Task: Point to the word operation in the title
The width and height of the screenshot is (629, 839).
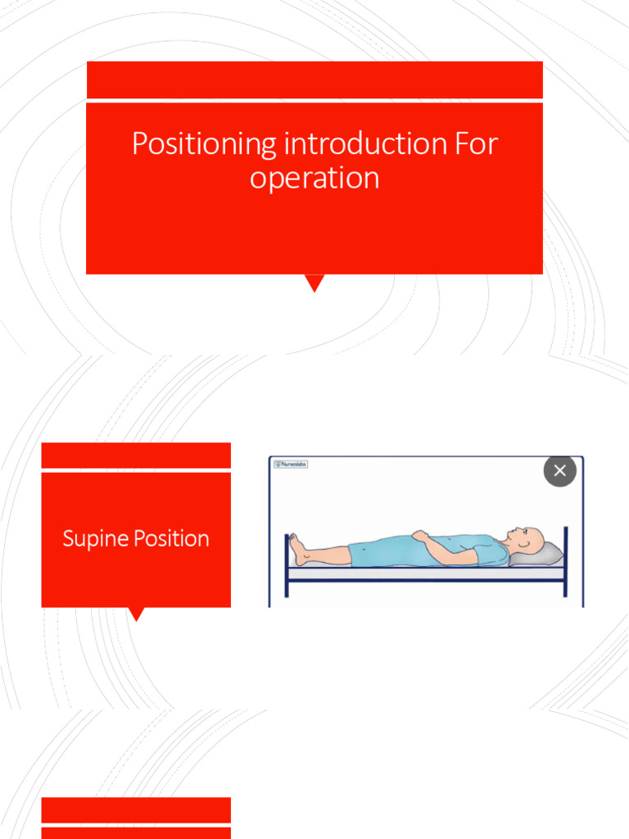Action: pos(314,178)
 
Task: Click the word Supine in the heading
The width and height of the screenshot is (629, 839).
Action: pos(95,539)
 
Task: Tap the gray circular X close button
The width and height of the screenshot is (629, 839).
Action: pos(560,470)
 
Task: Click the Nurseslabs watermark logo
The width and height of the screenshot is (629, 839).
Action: pos(291,465)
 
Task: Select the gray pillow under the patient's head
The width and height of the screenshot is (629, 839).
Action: pos(545,556)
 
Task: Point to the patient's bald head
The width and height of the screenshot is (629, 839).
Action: pos(531,539)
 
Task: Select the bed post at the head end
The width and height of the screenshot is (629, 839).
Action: pos(565,561)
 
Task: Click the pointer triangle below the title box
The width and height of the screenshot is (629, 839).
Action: pos(314,283)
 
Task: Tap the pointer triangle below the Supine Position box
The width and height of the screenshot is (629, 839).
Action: pos(137,614)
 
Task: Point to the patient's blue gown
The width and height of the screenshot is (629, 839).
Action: pos(393,551)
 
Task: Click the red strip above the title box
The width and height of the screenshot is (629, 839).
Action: pos(314,79)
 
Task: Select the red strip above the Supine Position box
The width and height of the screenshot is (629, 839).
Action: pos(136,455)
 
